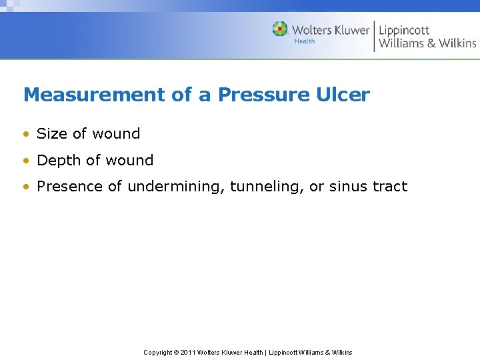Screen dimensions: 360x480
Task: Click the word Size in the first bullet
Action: click(52, 134)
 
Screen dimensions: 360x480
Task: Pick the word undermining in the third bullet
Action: click(176, 187)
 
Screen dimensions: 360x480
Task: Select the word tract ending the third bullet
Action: click(390, 187)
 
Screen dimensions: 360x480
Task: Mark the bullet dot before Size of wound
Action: click(26, 135)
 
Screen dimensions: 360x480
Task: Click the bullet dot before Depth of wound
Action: click(26, 161)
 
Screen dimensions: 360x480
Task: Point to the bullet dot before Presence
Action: click(26, 187)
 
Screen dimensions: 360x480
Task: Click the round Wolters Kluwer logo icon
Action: click(280, 29)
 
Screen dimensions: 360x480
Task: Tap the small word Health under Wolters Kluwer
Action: click(305, 41)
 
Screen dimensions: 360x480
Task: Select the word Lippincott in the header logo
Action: click(404, 30)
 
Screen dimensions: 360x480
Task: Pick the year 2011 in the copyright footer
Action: click(189, 352)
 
